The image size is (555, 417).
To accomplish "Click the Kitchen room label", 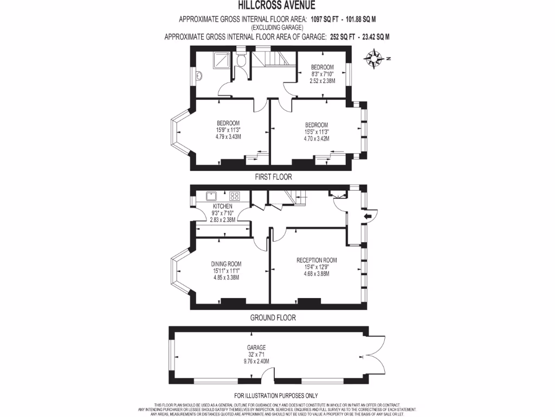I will (x=222, y=206).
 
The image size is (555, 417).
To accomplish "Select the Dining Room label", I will (x=225, y=264).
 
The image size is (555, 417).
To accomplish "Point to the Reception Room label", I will (x=317, y=260).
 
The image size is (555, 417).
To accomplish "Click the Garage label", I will (x=256, y=347).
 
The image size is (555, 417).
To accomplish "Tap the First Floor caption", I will (x=273, y=177).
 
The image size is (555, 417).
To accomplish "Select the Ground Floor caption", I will (x=273, y=318).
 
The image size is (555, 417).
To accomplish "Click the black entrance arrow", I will (x=367, y=216).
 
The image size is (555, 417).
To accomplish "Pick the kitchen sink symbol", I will (x=211, y=196).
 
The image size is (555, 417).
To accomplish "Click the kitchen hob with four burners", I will (x=235, y=196).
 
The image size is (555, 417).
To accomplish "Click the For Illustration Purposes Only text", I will (x=276, y=396).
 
